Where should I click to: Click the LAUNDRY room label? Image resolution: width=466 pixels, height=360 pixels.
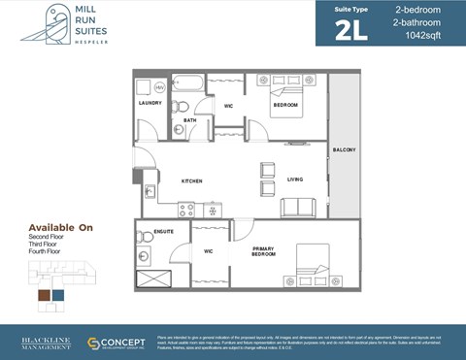pos(150,102)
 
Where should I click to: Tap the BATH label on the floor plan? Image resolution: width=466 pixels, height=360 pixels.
pos(189,120)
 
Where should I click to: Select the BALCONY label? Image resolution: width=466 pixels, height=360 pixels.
pos(345,149)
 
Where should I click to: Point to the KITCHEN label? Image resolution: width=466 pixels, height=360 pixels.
pos(191,181)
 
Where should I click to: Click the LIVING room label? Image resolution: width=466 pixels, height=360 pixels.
pos(295,180)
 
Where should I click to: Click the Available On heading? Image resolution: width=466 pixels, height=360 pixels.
pos(60,227)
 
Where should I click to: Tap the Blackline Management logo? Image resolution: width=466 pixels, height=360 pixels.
pos(46,344)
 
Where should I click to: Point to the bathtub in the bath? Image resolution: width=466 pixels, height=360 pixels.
pos(187,82)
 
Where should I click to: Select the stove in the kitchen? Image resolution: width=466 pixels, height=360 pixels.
pos(186,209)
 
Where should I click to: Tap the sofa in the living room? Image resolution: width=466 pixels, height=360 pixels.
pos(298,207)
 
